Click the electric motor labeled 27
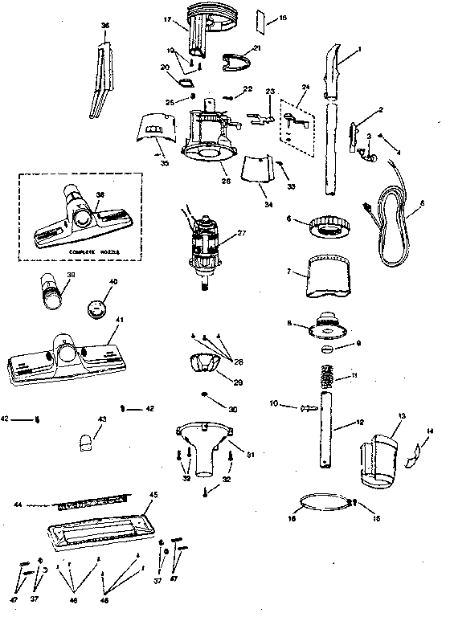(x=205, y=244)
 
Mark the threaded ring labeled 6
(x=327, y=226)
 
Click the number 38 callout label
(x=100, y=194)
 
